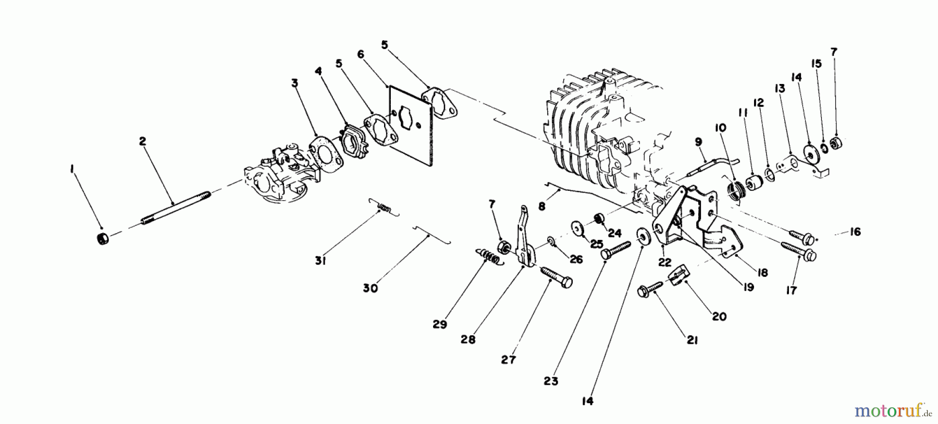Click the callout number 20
coord(719,316)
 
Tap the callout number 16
coord(855,232)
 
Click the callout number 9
coord(698,141)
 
